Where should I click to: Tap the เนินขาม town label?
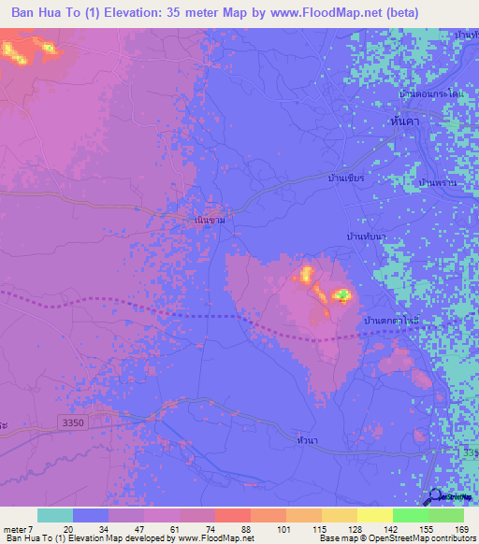coord(209,220)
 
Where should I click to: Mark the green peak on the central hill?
coord(342,295)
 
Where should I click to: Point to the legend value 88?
coord(247,528)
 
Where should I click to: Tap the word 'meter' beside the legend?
coord(15,528)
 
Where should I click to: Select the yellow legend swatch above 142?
coord(374,515)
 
